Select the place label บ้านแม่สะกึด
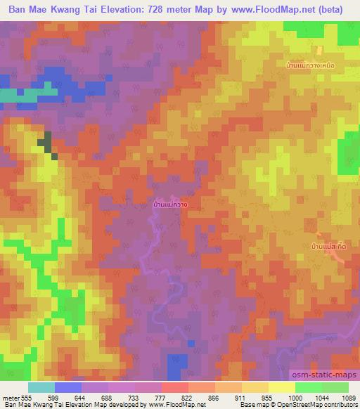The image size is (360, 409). click(328, 247)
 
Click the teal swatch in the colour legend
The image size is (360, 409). click(41, 387)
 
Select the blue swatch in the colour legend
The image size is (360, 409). click(68, 387)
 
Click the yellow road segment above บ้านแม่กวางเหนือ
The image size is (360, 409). click(319, 51)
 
